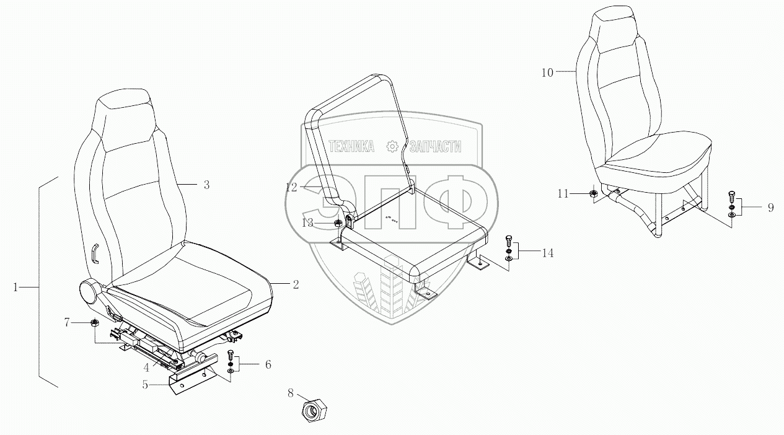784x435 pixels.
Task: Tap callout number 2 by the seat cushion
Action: click(296, 284)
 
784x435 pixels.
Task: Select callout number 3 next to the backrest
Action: click(206, 185)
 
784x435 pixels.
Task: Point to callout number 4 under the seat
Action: click(146, 367)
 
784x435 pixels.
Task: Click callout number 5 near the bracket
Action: click(145, 384)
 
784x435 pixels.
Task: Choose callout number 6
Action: click(268, 364)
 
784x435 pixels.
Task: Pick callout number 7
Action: click(68, 322)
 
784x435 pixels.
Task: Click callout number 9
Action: click(770, 208)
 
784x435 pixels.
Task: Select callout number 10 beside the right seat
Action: click(547, 72)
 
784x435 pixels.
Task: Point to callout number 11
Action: click(562, 194)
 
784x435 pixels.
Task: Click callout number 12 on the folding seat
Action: click(292, 187)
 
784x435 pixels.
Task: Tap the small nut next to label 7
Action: click(94, 322)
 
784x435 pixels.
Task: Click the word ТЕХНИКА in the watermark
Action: click(351, 146)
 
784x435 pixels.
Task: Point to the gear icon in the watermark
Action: click(392, 146)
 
